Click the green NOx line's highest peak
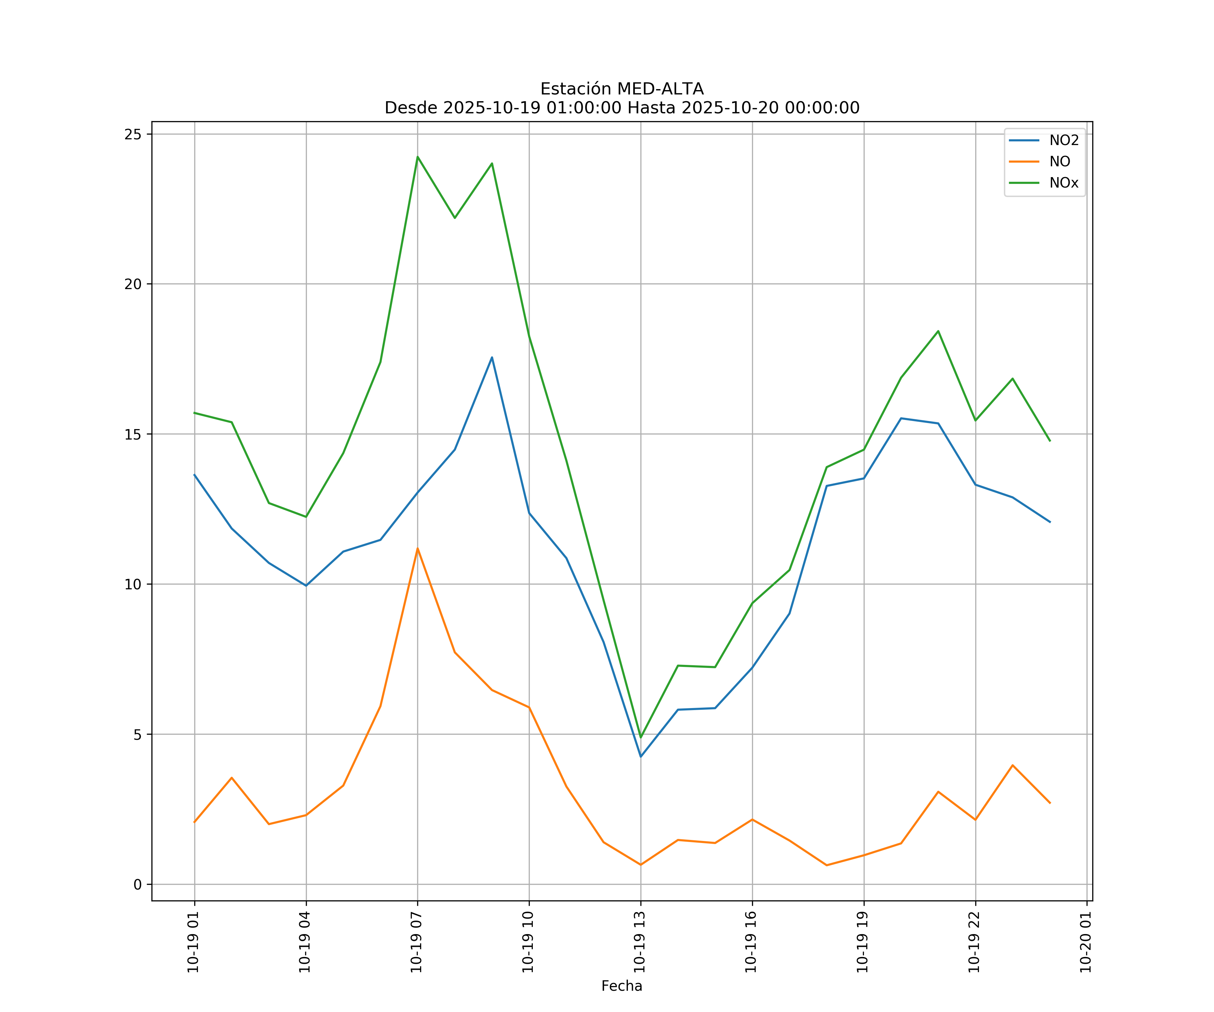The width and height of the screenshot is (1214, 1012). pos(417,157)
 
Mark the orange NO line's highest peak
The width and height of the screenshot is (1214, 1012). pos(417,548)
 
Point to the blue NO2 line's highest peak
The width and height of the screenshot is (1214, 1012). pos(492,357)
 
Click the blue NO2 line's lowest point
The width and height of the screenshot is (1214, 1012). pos(640,756)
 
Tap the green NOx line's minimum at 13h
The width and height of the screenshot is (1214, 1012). pos(640,737)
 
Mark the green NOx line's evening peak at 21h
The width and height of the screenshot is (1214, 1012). pos(938,331)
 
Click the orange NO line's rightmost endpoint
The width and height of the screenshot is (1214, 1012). pos(1050,803)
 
